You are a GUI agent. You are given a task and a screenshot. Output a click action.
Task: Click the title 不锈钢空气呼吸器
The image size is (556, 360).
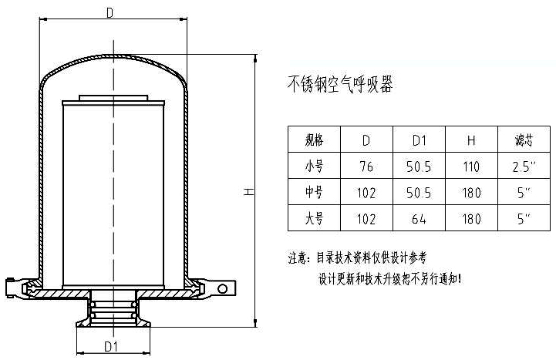tap(340, 84)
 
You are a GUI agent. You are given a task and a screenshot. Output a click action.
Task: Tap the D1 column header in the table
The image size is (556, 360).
tap(420, 140)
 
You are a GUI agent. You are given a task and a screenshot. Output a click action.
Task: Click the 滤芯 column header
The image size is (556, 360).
tap(524, 140)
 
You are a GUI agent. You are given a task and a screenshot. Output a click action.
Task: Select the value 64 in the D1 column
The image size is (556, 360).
tap(420, 219)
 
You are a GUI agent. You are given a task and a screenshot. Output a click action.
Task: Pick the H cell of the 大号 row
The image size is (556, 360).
tap(472, 219)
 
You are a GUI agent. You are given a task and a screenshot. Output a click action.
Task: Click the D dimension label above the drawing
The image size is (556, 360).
tap(110, 12)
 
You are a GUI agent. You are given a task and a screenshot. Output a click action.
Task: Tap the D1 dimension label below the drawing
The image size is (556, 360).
tap(111, 348)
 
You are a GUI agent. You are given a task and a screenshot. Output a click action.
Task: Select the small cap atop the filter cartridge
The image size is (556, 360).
tap(113, 98)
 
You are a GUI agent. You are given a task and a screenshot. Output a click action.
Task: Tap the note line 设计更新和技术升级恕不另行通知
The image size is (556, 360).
tap(390, 278)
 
